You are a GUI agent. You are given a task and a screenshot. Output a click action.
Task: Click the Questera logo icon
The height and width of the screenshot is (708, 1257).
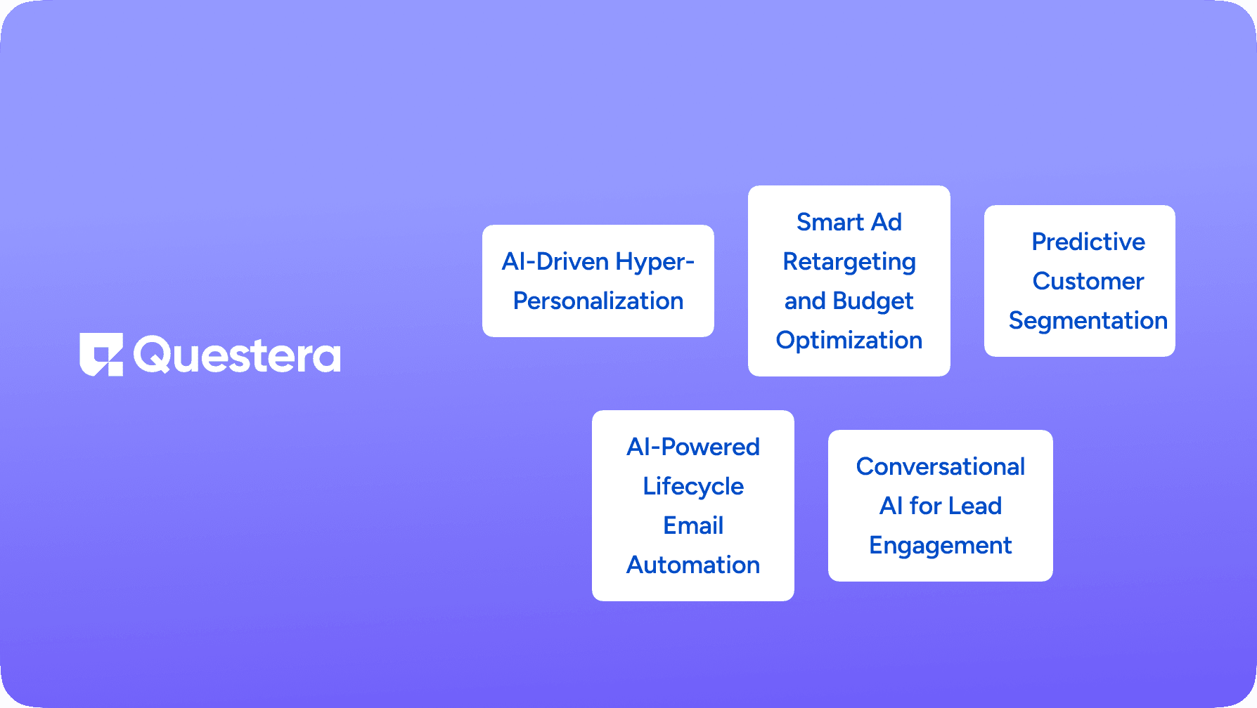tap(101, 355)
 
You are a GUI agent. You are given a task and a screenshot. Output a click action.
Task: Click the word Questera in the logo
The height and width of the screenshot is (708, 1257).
tap(237, 355)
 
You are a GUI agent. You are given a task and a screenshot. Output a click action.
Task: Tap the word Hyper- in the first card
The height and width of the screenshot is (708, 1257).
tap(655, 263)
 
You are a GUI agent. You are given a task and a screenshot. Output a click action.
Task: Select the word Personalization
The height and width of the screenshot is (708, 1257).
tap(598, 301)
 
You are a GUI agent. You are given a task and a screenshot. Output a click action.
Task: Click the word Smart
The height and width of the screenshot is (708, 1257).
tap(830, 222)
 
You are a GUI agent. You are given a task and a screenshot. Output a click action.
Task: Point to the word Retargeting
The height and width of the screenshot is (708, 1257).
tap(849, 263)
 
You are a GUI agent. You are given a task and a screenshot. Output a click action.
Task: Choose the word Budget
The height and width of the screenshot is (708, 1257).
tap(873, 302)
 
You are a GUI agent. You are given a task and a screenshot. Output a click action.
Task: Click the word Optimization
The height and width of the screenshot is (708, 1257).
tap(849, 341)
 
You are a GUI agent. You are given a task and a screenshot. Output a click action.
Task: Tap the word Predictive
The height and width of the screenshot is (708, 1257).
tap(1088, 242)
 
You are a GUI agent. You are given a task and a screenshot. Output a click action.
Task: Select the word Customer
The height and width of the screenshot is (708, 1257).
tap(1088, 281)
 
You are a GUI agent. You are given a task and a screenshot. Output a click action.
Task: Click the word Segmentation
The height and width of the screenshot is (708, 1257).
tap(1088, 322)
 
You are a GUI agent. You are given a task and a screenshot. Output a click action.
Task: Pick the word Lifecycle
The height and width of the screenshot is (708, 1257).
tap(693, 487)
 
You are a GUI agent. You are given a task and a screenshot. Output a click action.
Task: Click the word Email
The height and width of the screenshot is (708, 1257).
tap(693, 525)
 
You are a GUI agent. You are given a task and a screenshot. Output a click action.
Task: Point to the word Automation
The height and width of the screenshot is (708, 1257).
tap(693, 565)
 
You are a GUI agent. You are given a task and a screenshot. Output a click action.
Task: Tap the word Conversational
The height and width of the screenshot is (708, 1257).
tap(941, 466)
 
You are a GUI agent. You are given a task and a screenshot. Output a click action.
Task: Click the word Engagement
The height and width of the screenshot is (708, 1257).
tap(941, 546)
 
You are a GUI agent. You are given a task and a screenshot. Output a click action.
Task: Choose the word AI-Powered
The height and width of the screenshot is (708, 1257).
tap(693, 447)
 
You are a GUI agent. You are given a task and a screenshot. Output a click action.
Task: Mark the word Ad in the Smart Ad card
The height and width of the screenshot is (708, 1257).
tap(887, 222)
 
